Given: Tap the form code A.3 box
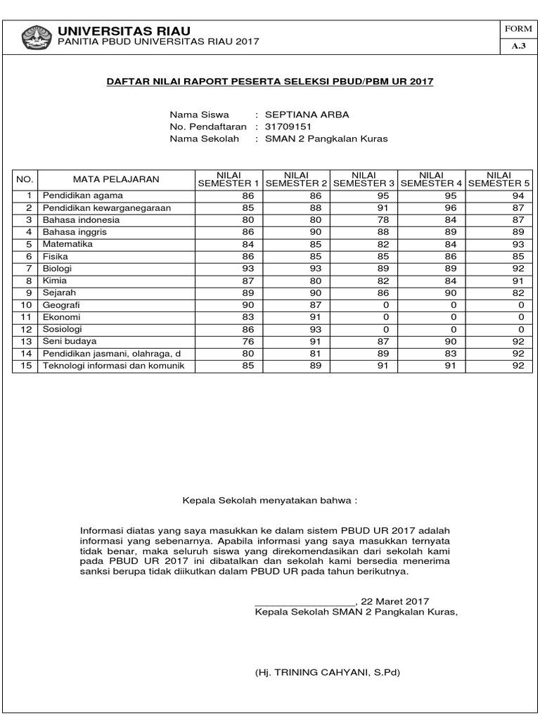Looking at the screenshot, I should (518, 46).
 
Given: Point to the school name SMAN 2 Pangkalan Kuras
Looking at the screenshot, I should (326, 139).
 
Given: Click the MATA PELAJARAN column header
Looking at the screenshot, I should (117, 179).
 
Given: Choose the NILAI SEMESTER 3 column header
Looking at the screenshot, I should (364, 179).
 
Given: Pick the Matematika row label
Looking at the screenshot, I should (67, 244).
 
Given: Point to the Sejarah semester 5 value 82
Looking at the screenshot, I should (519, 292).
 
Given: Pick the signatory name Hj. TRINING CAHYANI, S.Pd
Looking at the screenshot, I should (327, 672).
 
